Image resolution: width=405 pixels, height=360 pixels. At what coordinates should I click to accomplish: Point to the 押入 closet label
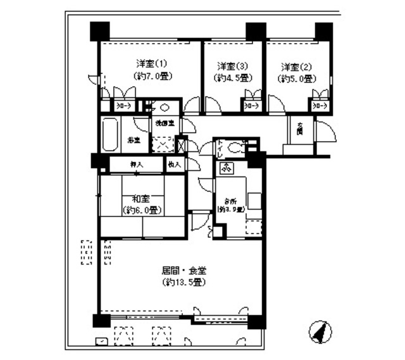(x=136, y=164)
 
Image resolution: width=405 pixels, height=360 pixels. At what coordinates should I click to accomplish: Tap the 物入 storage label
(x=175, y=164)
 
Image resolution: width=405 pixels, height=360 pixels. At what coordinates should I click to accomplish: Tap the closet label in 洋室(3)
(x=251, y=107)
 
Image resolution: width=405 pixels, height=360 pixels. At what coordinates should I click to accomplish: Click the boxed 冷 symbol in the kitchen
(x=226, y=168)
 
